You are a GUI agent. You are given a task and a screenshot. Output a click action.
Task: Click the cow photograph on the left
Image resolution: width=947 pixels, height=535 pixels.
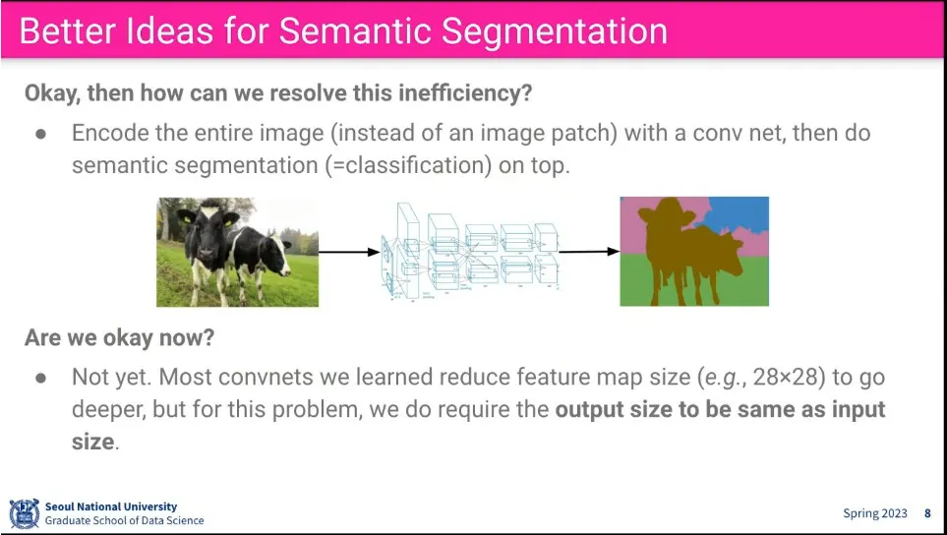(237, 252)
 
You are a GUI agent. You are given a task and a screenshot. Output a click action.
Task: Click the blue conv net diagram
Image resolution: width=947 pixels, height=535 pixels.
(470, 252)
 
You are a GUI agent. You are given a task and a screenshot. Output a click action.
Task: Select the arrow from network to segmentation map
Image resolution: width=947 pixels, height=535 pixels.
(589, 252)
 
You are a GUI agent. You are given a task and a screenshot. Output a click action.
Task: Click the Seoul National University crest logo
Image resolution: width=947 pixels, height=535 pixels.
(25, 513)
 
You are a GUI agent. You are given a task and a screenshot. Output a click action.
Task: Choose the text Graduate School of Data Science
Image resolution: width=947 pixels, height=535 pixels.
(124, 520)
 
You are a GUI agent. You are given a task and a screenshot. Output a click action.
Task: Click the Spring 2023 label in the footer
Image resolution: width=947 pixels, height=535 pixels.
(875, 513)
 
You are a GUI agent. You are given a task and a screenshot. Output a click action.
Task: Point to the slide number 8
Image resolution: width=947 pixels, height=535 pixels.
(927, 513)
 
